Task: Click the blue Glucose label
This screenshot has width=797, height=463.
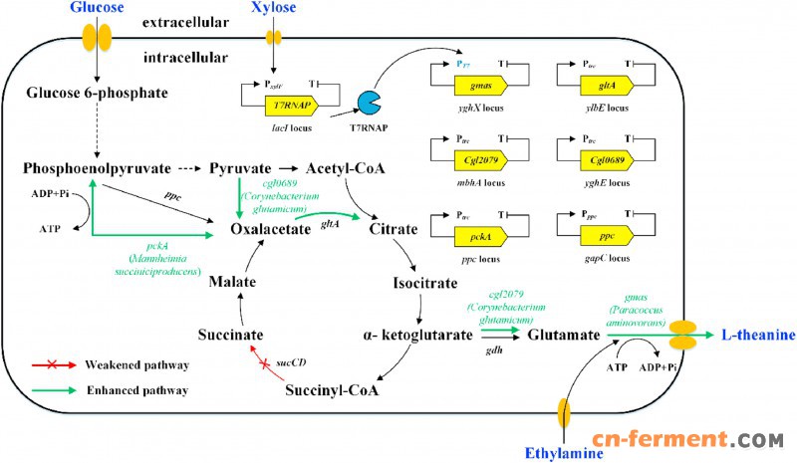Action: pos(96,9)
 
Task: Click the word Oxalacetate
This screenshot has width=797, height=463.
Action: pos(271,229)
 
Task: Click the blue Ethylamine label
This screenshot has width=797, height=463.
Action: pos(564,454)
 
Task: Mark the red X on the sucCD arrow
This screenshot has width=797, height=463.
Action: pos(265,366)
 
